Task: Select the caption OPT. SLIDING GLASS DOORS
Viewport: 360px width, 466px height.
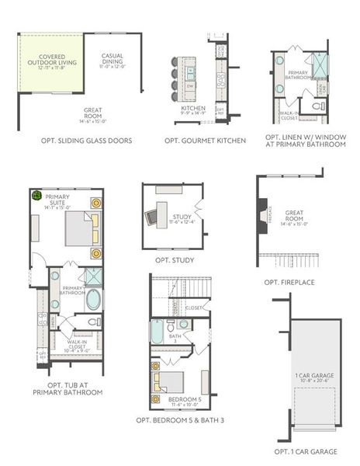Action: click(87, 141)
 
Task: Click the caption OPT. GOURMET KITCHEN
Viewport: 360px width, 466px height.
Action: click(206, 141)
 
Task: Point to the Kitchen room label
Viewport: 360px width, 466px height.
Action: click(193, 110)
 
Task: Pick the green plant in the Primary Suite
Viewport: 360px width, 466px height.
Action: click(36, 196)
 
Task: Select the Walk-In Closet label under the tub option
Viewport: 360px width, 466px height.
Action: click(76, 346)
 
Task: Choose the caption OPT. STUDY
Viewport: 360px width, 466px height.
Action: click(175, 260)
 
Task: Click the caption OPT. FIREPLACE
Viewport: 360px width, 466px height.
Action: click(289, 282)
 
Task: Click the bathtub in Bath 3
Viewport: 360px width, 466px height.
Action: click(158, 334)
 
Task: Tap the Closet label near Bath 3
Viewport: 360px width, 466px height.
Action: click(195, 308)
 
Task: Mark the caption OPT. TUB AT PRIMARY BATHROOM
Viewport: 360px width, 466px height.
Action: click(67, 388)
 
